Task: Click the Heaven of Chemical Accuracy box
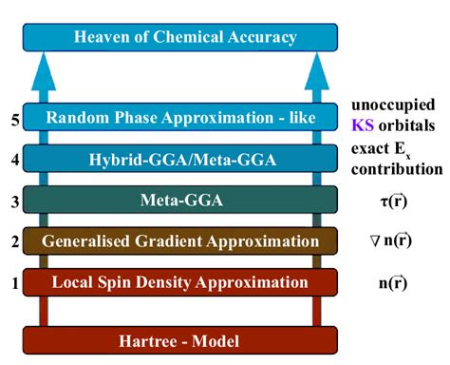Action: tap(180, 37)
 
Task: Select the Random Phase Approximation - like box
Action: tap(180, 118)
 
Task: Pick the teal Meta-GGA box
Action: tap(180, 201)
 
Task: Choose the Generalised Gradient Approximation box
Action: tap(180, 241)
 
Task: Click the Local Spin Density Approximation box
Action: tap(180, 282)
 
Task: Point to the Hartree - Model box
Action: tap(180, 339)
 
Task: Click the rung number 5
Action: tap(13, 119)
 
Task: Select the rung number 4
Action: tap(13, 160)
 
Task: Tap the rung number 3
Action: tap(13, 201)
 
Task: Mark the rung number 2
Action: tap(13, 241)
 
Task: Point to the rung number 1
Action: tap(13, 282)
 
